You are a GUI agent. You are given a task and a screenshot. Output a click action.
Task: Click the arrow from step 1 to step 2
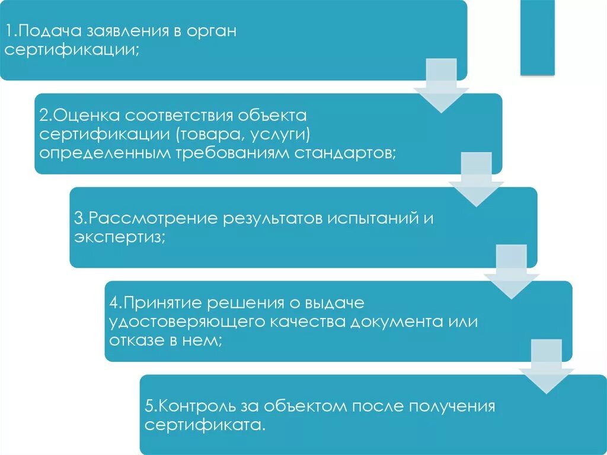442,86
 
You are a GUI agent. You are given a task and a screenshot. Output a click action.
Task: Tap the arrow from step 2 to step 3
477,180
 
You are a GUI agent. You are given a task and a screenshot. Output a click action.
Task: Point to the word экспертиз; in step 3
120,237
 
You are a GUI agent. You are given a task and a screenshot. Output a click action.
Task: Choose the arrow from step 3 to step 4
511,273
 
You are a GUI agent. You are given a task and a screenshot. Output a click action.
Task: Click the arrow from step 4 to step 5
546,367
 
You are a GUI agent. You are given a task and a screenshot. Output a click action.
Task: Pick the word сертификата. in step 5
205,425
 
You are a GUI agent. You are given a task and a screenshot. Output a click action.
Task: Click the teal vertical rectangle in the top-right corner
538,37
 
